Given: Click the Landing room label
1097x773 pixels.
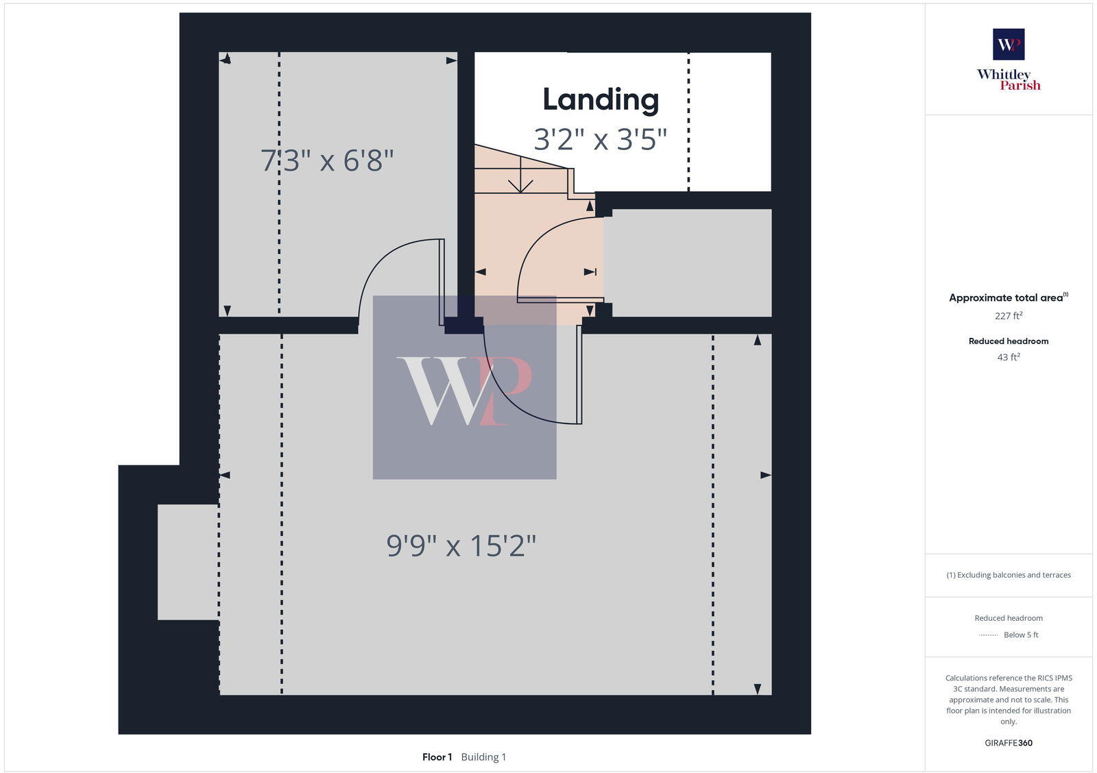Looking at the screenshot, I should pos(601,100).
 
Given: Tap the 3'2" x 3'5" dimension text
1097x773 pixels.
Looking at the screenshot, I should pos(600,140).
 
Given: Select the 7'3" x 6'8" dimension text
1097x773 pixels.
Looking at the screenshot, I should pos(327,161).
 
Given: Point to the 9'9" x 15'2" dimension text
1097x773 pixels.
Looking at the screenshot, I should pos(461,546).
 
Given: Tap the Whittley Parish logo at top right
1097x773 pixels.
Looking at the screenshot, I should pos(1009,60).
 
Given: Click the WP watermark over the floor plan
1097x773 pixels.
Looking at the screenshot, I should pos(464,388).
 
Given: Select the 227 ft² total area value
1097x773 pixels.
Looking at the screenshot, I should pos(1009,316).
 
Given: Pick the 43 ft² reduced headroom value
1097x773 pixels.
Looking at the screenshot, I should pos(1009,357).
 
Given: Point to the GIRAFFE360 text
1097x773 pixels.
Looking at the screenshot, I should pos(1009,743).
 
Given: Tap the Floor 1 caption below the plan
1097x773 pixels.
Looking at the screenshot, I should pos(437,757).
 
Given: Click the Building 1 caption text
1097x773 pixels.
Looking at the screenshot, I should pos(483,757).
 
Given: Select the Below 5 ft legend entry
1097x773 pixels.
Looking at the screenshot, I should pos(1020,635).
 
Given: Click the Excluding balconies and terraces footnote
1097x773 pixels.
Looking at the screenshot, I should pos(1009,575).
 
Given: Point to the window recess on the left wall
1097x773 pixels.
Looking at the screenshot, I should pos(188,562).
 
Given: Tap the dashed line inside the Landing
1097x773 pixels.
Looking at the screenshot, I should pos(688,123).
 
